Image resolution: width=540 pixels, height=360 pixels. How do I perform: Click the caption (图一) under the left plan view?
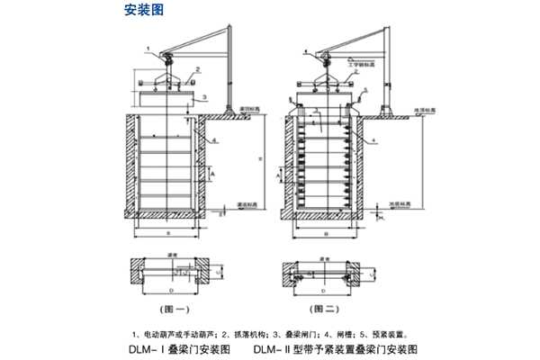(174, 308)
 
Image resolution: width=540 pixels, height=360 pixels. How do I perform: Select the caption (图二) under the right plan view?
(325, 308)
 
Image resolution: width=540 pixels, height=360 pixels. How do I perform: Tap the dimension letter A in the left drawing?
(212, 170)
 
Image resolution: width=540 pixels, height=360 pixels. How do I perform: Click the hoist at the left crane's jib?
(167, 61)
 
